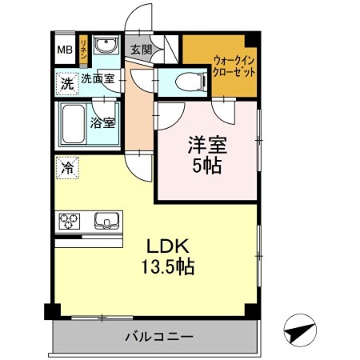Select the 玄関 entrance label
[x=140, y=49]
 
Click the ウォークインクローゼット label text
[x=234, y=65]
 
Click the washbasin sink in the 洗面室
[x=105, y=46]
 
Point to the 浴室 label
[x=102, y=123]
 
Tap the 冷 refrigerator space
[x=68, y=168]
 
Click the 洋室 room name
[x=206, y=146]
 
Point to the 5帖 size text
[x=206, y=167]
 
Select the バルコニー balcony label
[x=158, y=336]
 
